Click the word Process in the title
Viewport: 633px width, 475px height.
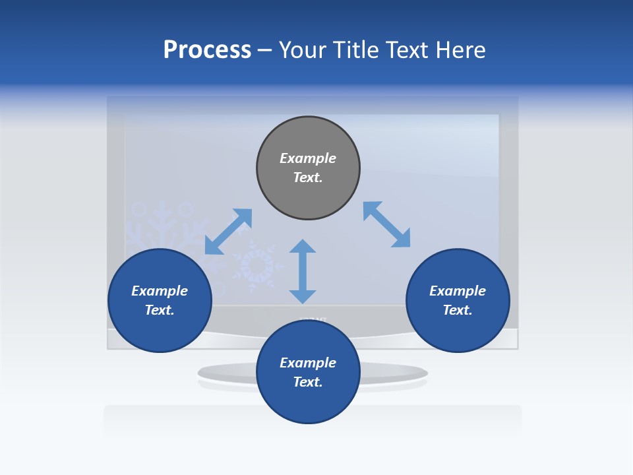point(207,50)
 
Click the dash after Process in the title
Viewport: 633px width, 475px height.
point(264,51)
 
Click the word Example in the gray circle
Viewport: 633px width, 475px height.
point(308,158)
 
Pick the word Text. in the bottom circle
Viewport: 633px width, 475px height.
point(308,382)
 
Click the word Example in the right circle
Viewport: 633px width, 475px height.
point(458,291)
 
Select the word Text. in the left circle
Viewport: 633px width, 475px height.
point(160,310)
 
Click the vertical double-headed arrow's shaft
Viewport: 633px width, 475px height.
point(303,271)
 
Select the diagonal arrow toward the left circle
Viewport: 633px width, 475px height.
point(228,232)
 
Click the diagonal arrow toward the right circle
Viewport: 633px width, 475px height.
point(386,224)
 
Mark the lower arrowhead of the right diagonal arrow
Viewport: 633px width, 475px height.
point(401,238)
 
